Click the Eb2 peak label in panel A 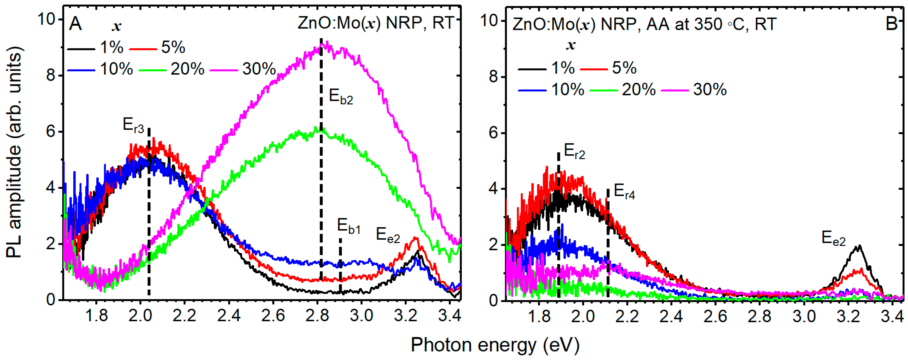pyautogui.click(x=341, y=97)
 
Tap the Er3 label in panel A pyautogui.click(x=133, y=125)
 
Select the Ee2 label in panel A pyautogui.click(x=388, y=235)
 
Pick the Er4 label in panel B pyautogui.click(x=624, y=192)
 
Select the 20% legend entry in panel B pyautogui.click(x=623, y=90)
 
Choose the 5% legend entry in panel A pyautogui.click(x=157, y=47)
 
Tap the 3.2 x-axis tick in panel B pyautogui.click(x=848, y=316)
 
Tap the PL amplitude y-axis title pyautogui.click(x=14, y=152)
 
